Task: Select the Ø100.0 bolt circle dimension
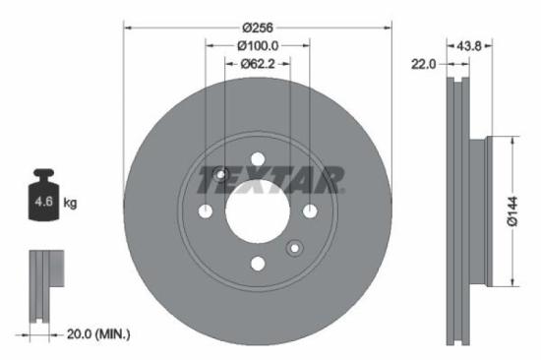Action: tap(258, 45)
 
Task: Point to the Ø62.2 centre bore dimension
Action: tap(258, 64)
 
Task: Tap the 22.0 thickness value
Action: tap(423, 64)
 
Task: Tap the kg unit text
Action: tap(70, 203)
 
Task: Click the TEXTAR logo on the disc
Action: tap(270, 180)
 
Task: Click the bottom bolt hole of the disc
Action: tap(258, 263)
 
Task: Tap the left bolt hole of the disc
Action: tap(207, 211)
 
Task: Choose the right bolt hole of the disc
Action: tap(309, 211)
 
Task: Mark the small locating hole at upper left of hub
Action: tap(221, 176)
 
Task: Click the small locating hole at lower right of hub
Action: tap(294, 247)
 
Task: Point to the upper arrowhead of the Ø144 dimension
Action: tap(512, 144)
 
